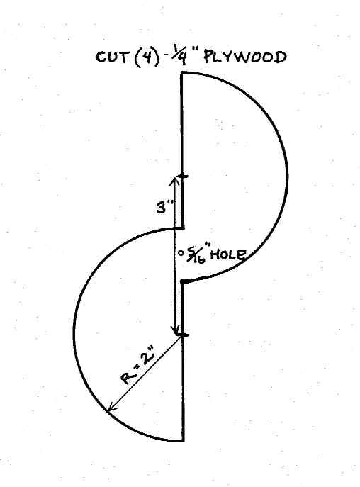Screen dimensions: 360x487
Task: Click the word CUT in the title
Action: tap(111, 57)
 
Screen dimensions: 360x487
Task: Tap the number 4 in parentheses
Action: tap(144, 57)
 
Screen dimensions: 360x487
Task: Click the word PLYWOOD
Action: tap(244, 57)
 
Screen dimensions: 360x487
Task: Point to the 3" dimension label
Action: tap(164, 207)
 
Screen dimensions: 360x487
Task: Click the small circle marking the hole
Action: tap(180, 253)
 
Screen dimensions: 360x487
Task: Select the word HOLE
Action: tap(228, 255)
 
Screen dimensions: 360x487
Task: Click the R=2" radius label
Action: tap(138, 366)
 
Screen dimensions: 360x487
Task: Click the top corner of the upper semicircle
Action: tap(182, 73)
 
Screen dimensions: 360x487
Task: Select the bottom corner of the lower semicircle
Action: tap(183, 440)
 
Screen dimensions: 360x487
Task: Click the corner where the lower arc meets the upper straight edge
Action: tap(183, 228)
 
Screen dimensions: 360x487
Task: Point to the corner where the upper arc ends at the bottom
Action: tap(183, 281)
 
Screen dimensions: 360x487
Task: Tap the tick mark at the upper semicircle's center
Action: tap(184, 177)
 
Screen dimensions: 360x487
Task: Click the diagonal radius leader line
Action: tap(145, 372)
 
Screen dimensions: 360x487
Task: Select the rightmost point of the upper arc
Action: tap(287, 177)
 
